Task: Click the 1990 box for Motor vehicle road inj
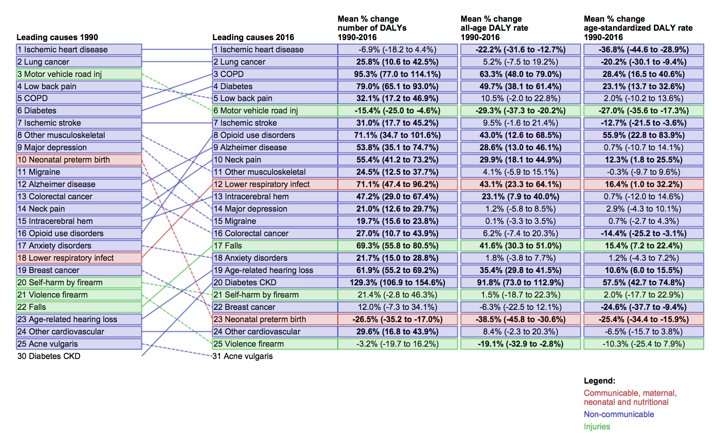pyautogui.click(x=79, y=74)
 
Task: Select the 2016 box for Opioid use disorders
pyautogui.click(x=275, y=135)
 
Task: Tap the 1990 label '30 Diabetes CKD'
pyautogui.click(x=49, y=356)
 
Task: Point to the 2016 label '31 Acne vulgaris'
pyautogui.click(x=243, y=356)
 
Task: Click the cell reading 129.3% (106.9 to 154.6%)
pyautogui.click(x=397, y=282)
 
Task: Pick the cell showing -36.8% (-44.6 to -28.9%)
pyautogui.click(x=643, y=50)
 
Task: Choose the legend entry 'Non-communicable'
pyautogui.click(x=619, y=414)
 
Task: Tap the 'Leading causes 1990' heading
pyautogui.click(x=57, y=37)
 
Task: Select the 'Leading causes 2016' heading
pyautogui.click(x=253, y=37)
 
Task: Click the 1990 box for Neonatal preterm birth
pyautogui.click(x=79, y=160)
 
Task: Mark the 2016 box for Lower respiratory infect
pyautogui.click(x=275, y=184)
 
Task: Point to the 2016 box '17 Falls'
pyautogui.click(x=275, y=246)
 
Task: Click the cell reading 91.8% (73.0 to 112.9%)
pyautogui.click(x=520, y=282)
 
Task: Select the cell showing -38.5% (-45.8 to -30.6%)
pyautogui.click(x=520, y=319)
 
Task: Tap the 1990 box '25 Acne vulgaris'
pyautogui.click(x=79, y=344)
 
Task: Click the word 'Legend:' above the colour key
pyautogui.click(x=599, y=381)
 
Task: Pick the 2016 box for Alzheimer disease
pyautogui.click(x=275, y=147)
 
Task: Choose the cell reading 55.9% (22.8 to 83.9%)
pyautogui.click(x=643, y=135)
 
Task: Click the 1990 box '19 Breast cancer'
pyautogui.click(x=79, y=270)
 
